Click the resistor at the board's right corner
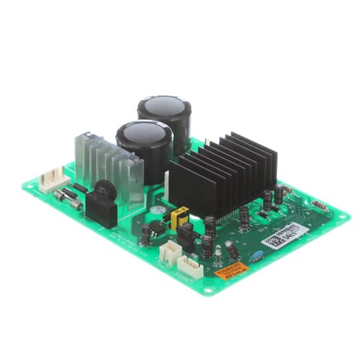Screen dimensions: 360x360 (x=320, y=207)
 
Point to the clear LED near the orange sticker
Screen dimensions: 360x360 (x=217, y=253)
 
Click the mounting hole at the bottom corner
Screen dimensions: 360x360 (x=209, y=291)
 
